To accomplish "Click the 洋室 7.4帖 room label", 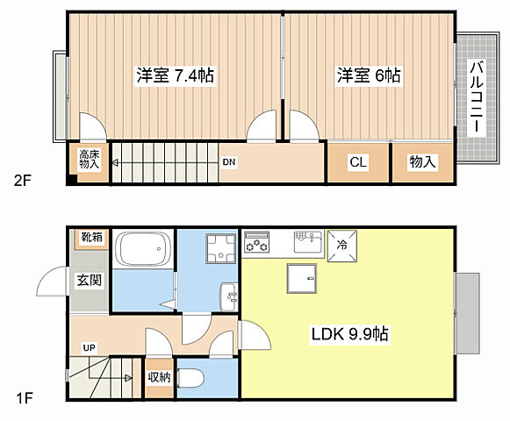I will pyautogui.click(x=175, y=76).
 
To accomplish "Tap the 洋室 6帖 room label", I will pyautogui.click(x=369, y=76).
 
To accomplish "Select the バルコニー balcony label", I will pyautogui.click(x=475, y=96).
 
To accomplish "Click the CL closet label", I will pyautogui.click(x=357, y=162).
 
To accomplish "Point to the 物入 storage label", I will pyautogui.click(x=422, y=162).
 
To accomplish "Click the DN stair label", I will pyautogui.click(x=228, y=162).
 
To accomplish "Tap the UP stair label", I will pyautogui.click(x=89, y=347).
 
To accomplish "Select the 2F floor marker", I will pyautogui.click(x=22, y=182).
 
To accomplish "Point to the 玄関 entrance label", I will pyautogui.click(x=89, y=281).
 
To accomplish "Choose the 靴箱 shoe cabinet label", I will pyautogui.click(x=91, y=238).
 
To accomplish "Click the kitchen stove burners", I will pyautogui.click(x=257, y=242).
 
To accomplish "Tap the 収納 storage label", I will pyautogui.click(x=158, y=378).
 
